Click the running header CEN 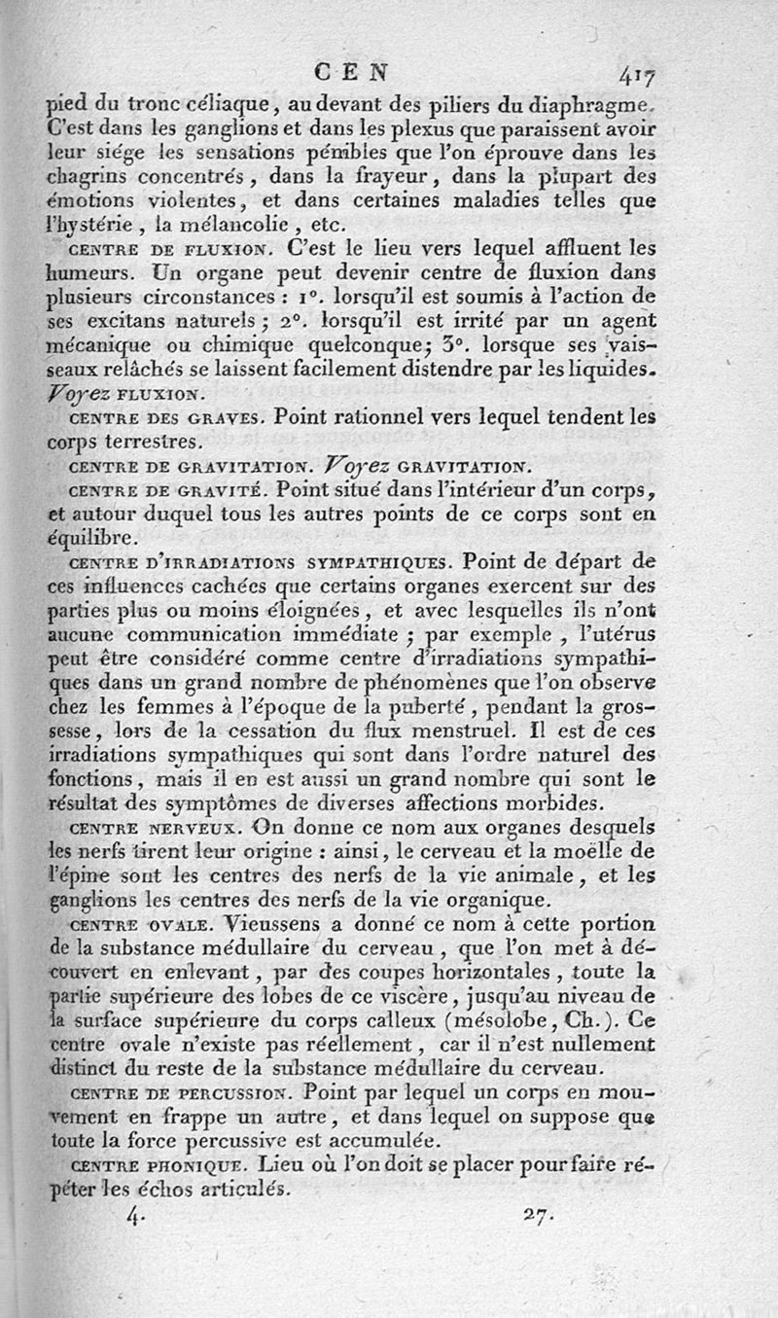352,71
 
